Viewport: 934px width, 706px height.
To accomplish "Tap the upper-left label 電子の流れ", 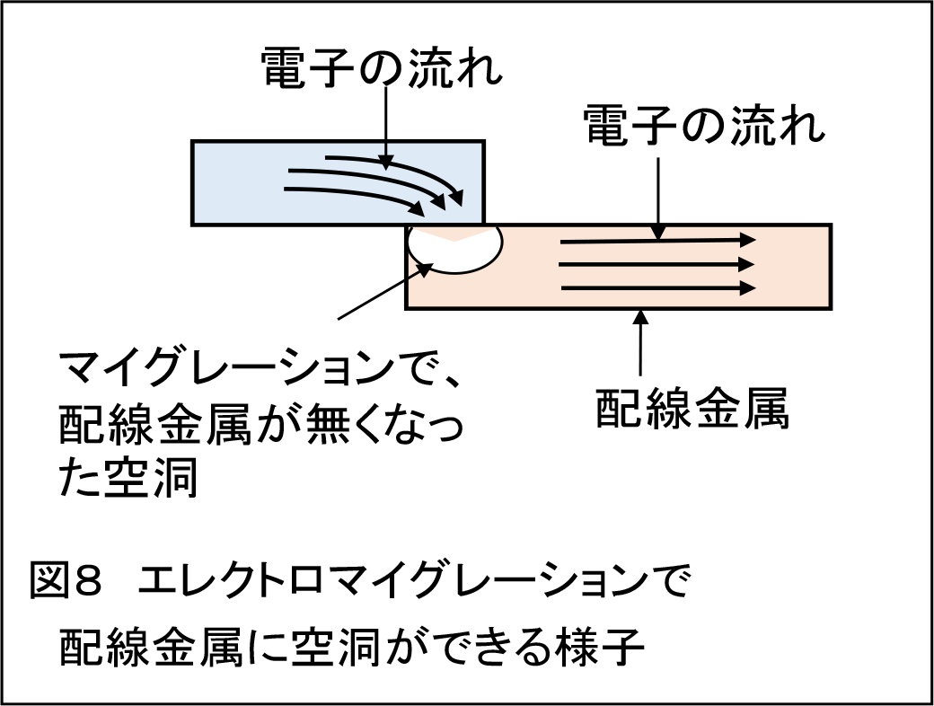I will tap(382, 68).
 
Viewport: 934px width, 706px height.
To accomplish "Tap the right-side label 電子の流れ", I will tap(704, 125).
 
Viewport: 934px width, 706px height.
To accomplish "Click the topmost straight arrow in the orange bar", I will tap(656, 242).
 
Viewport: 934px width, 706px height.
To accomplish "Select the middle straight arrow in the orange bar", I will tap(656, 265).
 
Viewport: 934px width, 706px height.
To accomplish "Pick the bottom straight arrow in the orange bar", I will tap(656, 287).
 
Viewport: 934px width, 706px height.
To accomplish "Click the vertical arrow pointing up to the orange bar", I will tap(640, 341).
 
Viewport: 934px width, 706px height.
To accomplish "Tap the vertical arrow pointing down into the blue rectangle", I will tap(383, 126).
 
